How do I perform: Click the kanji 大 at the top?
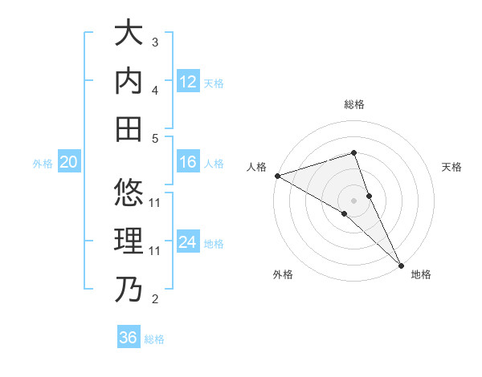[x=129, y=34]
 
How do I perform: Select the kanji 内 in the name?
[x=129, y=81]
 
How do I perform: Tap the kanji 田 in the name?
[x=129, y=128]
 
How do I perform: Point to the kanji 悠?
[x=129, y=193]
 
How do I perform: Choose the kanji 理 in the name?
[x=129, y=241]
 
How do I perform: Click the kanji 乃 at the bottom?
[x=129, y=289]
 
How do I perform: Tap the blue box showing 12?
[x=188, y=81]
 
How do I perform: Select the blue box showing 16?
[x=188, y=163]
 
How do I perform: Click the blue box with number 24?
[x=188, y=242]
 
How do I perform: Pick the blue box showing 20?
[x=69, y=163]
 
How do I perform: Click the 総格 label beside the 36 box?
[x=154, y=339]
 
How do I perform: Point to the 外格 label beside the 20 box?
[x=43, y=164]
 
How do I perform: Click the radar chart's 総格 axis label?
[x=353, y=104]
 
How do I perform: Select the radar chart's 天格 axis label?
[x=451, y=167]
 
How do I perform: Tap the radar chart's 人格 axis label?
[x=256, y=167]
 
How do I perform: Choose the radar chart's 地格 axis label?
[x=421, y=275]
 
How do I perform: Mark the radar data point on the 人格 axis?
[x=277, y=175]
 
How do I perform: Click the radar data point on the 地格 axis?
[x=401, y=265]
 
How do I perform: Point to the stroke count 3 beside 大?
[x=155, y=42]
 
